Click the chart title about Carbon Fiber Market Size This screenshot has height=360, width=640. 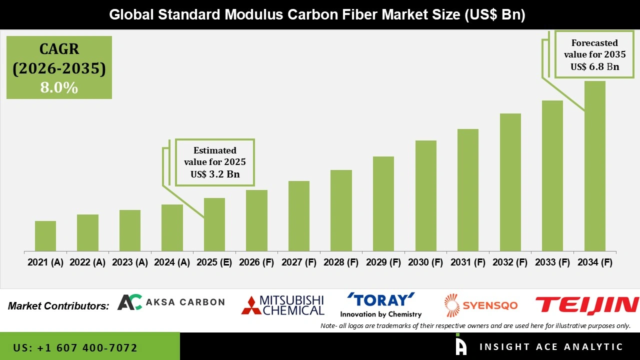pyautogui.click(x=317, y=15)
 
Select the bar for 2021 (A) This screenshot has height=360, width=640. pyautogui.click(x=45, y=236)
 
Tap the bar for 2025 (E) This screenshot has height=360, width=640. pyautogui.click(x=214, y=224)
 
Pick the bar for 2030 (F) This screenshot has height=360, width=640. pyautogui.click(x=425, y=196)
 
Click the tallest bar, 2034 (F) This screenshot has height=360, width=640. pyautogui.click(x=594, y=166)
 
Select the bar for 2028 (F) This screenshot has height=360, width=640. pyautogui.click(x=341, y=210)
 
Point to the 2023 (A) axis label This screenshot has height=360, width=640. pyautogui.click(x=129, y=262)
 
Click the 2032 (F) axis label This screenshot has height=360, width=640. pyautogui.click(x=510, y=262)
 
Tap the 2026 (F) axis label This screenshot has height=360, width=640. pyautogui.click(x=256, y=262)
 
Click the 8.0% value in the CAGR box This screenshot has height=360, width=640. pyautogui.click(x=59, y=88)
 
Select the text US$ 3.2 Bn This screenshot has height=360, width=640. pyautogui.click(x=215, y=174)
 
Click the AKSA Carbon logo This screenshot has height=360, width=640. pyautogui.click(x=171, y=302)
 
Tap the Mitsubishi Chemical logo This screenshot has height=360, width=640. pyautogui.click(x=282, y=305)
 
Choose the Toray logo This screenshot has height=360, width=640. pyautogui.click(x=381, y=305)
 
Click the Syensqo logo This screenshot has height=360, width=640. pyautogui.click(x=481, y=305)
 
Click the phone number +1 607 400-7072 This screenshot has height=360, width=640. pyautogui.click(x=75, y=347)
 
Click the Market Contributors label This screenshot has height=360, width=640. pyautogui.click(x=58, y=306)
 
